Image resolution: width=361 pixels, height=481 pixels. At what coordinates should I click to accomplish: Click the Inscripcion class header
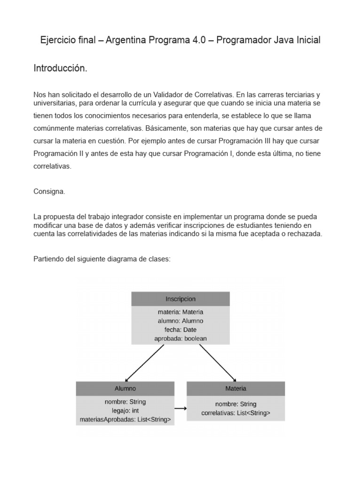click(x=180, y=299)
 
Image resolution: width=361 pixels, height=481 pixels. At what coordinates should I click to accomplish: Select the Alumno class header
click(x=125, y=388)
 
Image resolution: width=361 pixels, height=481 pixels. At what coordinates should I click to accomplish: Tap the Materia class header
click(x=235, y=388)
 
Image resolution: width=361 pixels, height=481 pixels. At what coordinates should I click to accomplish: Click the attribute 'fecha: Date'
click(x=180, y=329)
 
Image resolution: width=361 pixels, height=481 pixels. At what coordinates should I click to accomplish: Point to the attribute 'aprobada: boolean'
click(x=180, y=338)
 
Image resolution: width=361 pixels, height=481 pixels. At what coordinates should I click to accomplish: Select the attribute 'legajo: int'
click(x=125, y=411)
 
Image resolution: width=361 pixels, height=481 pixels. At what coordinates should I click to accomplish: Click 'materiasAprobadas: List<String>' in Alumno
click(x=125, y=419)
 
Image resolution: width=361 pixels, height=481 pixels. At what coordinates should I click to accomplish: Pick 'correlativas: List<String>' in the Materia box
click(x=235, y=413)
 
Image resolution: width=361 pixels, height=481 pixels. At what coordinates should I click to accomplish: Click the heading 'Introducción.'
click(x=60, y=69)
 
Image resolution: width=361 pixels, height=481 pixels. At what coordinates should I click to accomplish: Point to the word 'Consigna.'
click(x=49, y=192)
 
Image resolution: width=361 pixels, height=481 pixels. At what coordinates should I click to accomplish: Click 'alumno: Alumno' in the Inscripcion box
click(x=180, y=320)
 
